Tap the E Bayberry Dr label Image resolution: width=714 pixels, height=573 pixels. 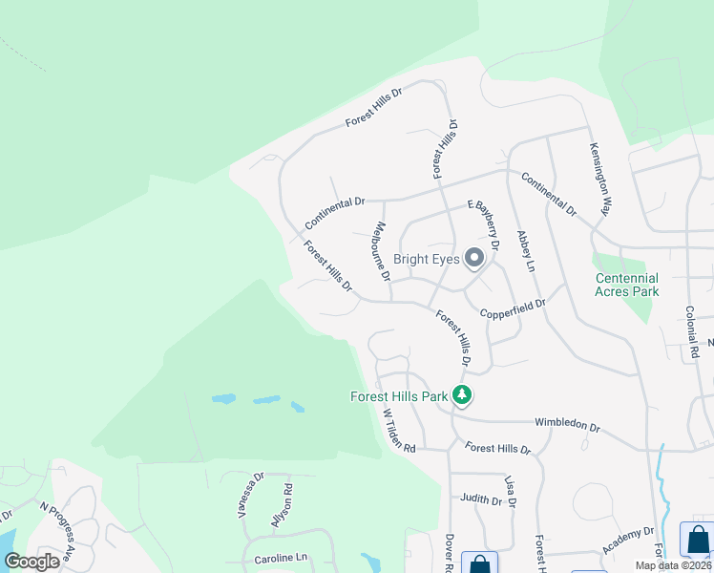point(483,223)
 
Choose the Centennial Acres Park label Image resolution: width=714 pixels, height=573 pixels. point(626,285)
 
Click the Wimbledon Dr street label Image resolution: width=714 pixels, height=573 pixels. point(567,427)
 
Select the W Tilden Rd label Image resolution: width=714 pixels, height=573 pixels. point(399,432)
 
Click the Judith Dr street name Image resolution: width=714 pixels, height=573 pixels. point(480,499)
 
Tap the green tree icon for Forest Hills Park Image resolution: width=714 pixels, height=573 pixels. point(462,394)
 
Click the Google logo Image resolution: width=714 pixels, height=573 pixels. point(32,561)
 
